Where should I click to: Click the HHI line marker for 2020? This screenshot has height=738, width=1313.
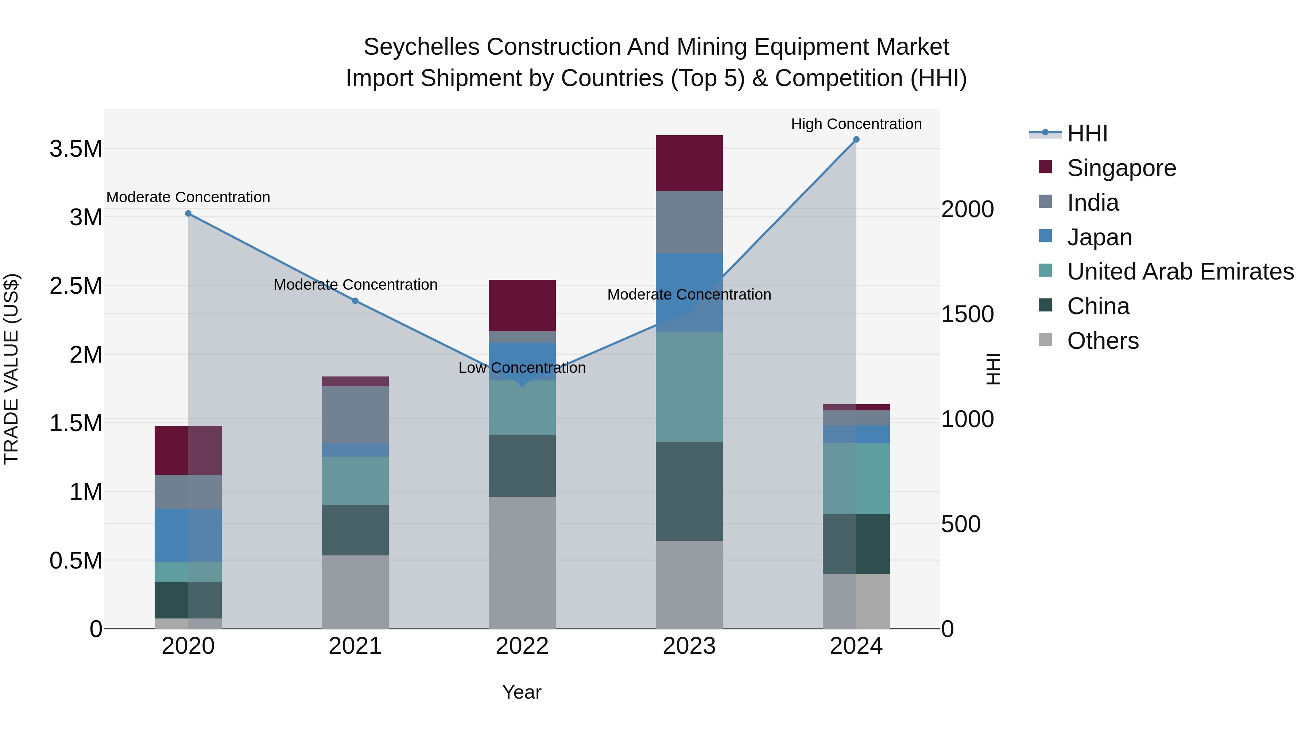[x=188, y=214]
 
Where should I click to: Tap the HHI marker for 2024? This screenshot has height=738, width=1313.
[x=856, y=140]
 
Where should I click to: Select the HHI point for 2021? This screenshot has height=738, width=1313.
[x=355, y=301]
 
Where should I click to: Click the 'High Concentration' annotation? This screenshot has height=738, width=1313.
[x=856, y=124]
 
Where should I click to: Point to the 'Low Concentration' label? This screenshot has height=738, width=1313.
[x=522, y=368]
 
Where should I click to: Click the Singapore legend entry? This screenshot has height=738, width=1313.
[x=1122, y=168]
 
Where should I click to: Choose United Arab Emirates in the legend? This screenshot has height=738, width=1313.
[x=1180, y=272]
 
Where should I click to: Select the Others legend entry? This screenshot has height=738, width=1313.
[x=1103, y=341]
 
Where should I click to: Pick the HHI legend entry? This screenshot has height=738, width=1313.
[x=1087, y=133]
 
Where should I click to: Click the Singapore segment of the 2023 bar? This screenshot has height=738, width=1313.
[x=689, y=163]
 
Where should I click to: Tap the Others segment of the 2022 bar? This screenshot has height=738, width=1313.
[x=522, y=562]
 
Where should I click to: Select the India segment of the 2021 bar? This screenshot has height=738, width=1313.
[x=355, y=415]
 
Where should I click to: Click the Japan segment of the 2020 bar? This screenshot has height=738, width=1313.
[x=188, y=535]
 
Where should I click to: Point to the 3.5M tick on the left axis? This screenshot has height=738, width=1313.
[x=75, y=149]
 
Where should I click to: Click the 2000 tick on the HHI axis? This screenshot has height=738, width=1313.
[x=967, y=209]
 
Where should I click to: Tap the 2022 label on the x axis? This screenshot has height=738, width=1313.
[x=522, y=646]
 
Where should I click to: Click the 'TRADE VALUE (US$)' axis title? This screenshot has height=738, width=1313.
[x=11, y=369]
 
